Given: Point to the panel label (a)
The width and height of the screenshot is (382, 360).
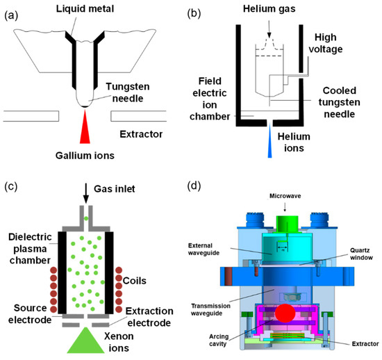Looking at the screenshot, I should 12,10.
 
